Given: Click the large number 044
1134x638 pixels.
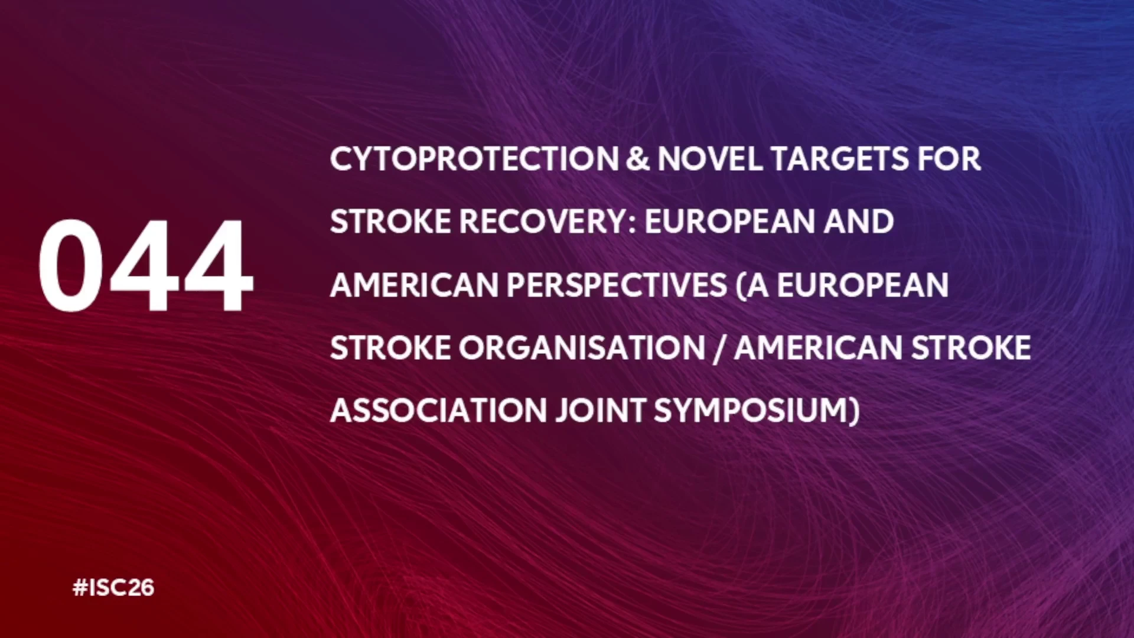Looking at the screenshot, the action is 146,265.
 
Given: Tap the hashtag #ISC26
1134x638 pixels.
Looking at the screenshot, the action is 113,588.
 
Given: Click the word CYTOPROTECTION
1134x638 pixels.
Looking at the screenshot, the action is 474,159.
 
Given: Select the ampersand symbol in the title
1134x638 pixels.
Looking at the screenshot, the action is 638,159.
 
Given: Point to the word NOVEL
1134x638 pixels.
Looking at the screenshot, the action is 710,159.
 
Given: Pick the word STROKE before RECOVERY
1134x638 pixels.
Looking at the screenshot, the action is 390,222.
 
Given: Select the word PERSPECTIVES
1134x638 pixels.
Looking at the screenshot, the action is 617,285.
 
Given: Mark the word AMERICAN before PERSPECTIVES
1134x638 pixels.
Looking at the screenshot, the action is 414,285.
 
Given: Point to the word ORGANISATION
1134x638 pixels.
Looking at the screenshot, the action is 582,347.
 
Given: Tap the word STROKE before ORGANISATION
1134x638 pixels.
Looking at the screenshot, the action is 390,347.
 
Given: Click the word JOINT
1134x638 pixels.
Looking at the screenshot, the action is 600,410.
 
